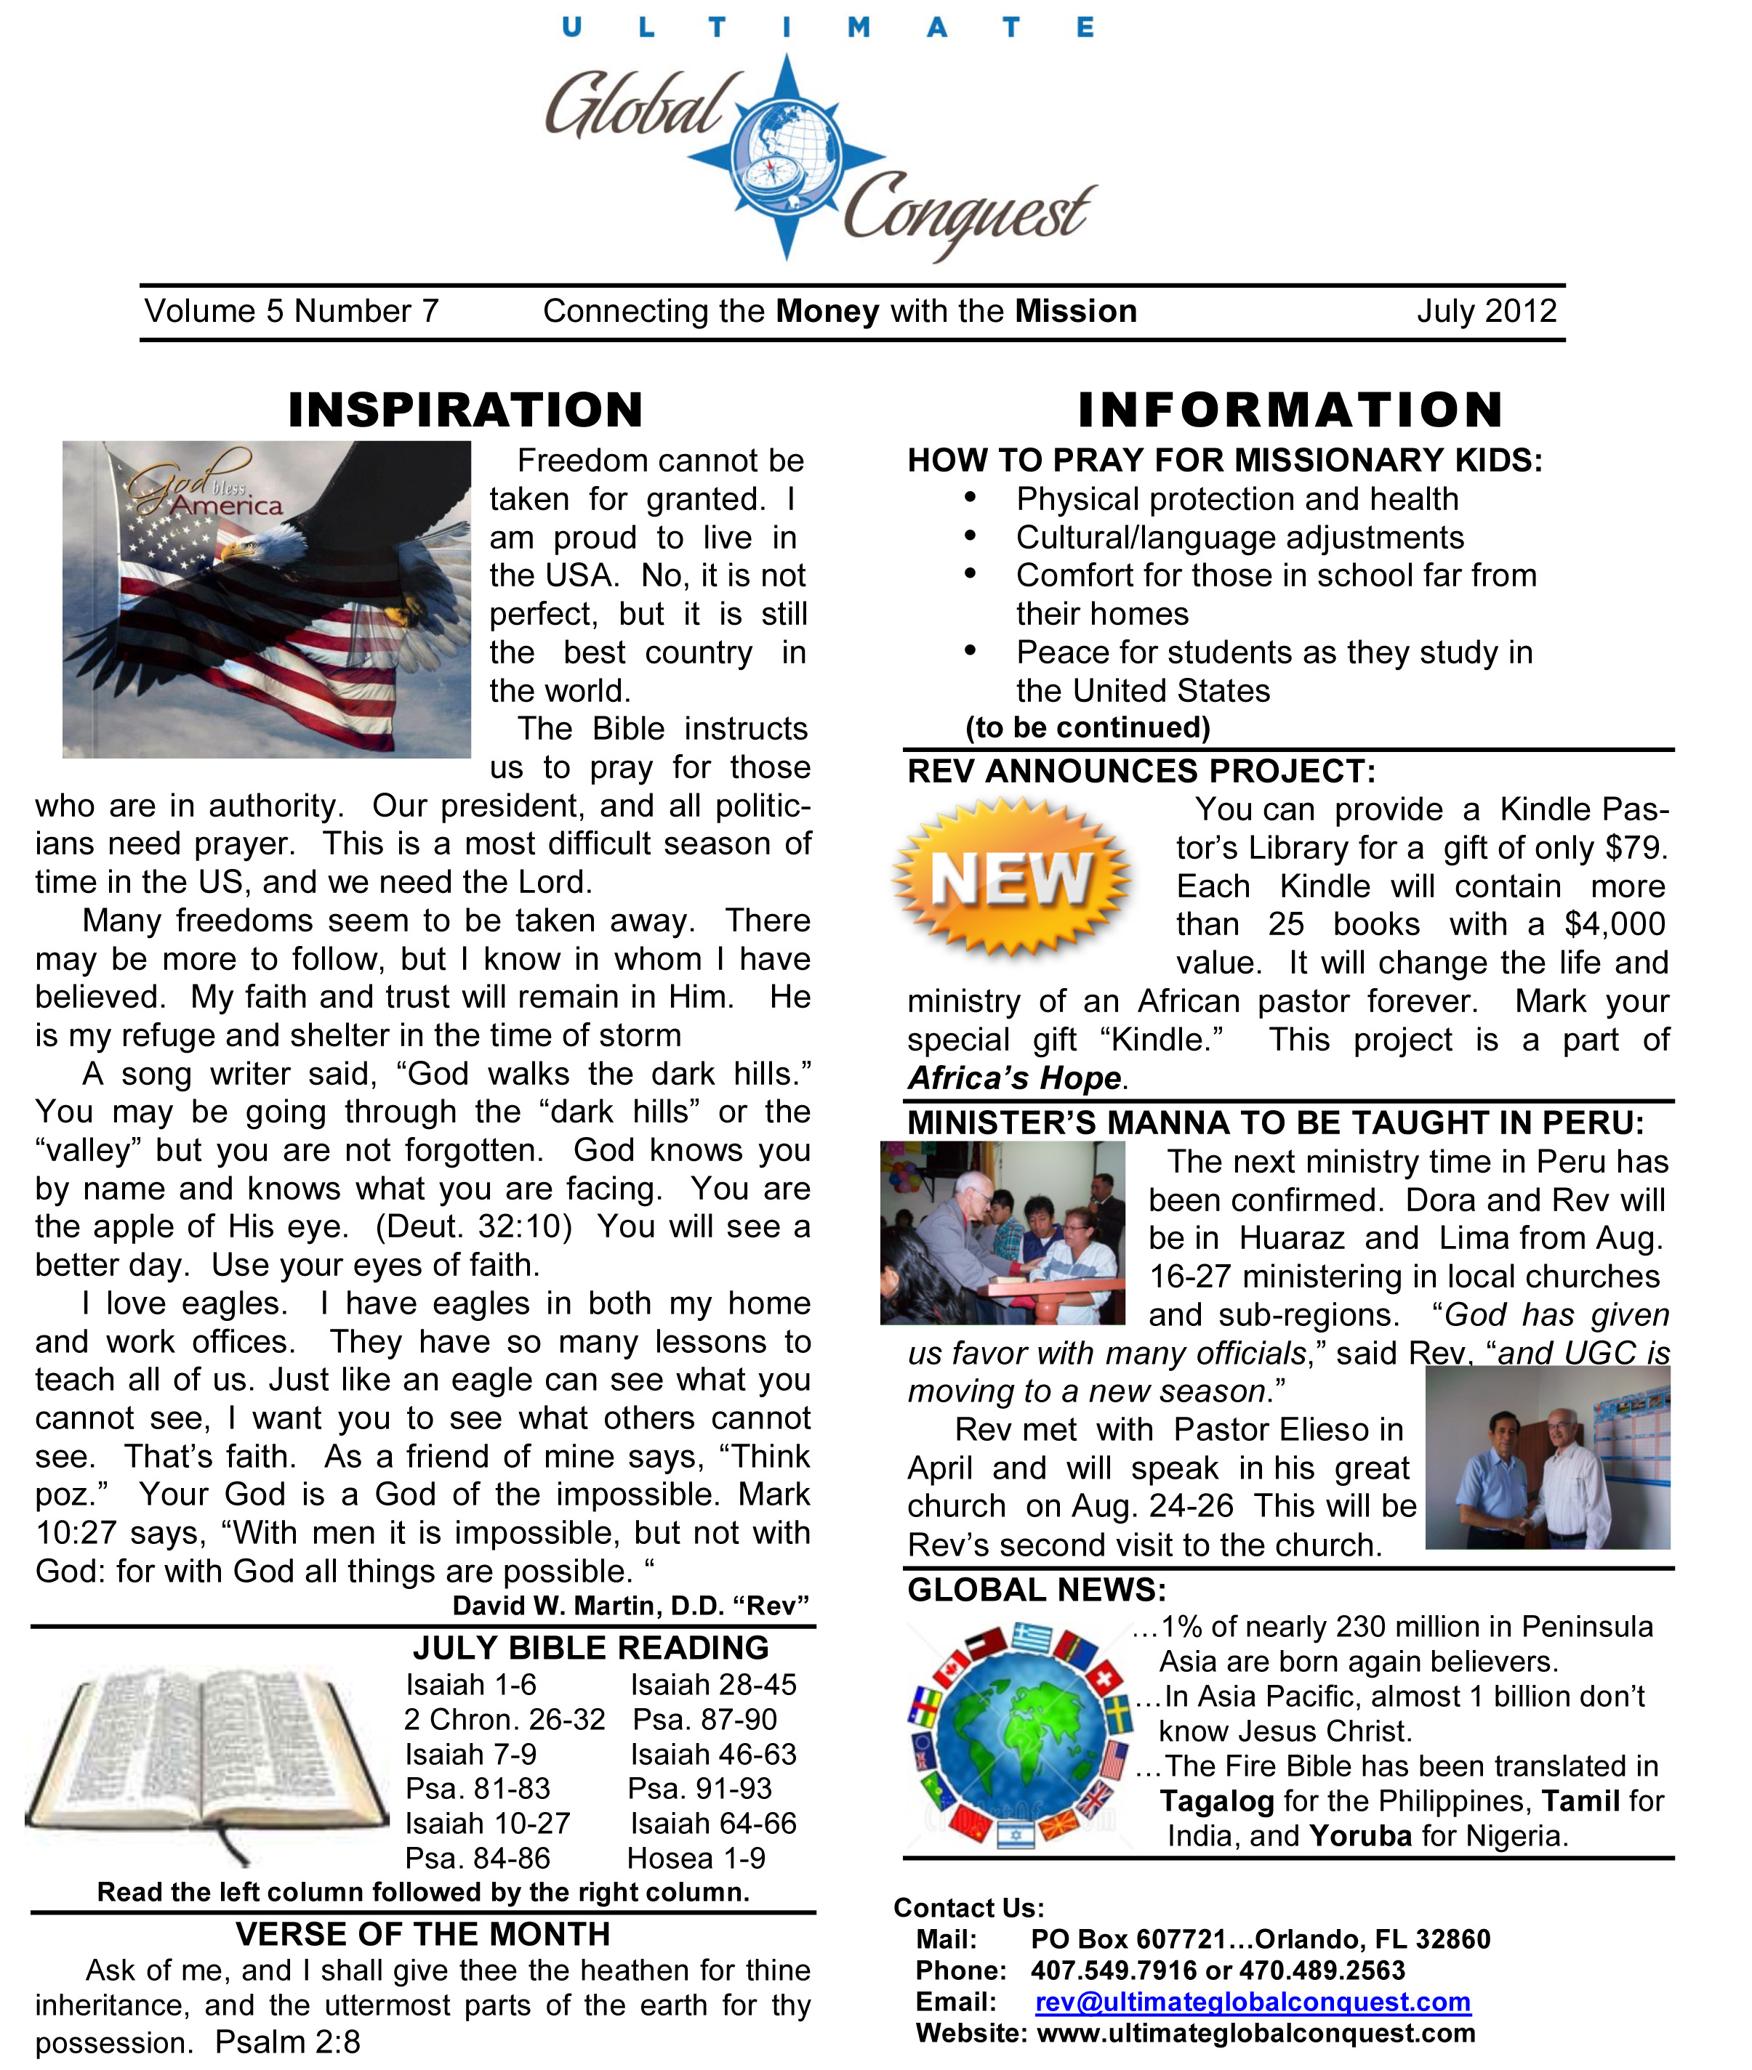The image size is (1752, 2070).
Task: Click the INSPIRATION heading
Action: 466,410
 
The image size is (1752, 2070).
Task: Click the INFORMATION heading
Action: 1290,410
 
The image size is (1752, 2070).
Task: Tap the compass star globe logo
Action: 787,157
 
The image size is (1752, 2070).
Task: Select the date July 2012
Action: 1486,312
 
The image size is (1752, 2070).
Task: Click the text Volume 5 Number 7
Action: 292,312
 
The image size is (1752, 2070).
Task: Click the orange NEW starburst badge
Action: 1011,878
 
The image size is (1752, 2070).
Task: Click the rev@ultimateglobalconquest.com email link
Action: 1253,2002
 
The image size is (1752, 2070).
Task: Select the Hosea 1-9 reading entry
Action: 696,1859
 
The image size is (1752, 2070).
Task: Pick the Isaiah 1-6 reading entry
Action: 471,1685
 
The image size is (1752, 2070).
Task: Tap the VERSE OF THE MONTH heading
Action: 423,1934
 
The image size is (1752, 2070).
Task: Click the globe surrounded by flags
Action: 1020,1734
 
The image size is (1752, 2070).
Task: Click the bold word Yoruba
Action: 1361,1836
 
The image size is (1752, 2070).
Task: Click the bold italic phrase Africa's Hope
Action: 1015,1078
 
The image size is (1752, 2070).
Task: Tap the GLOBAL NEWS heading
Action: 1037,1590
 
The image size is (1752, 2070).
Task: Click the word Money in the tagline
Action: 827,312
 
